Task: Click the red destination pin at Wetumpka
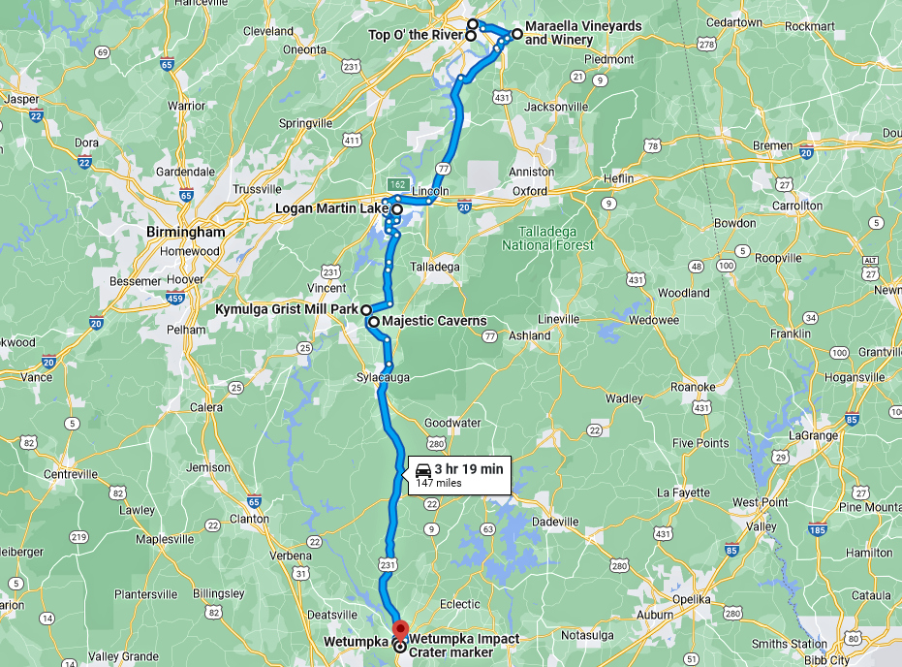[x=398, y=625]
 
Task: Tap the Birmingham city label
[x=185, y=233]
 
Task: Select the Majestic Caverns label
[x=434, y=321]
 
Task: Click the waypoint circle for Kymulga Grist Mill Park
[x=367, y=310]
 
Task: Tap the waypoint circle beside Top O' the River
[x=471, y=36]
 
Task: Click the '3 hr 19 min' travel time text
[x=469, y=469]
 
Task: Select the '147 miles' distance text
[x=438, y=483]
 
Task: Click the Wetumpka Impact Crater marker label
[x=463, y=646]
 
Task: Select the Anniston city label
[x=531, y=172]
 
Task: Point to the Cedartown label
[x=734, y=22]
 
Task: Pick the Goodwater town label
[x=451, y=424]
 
